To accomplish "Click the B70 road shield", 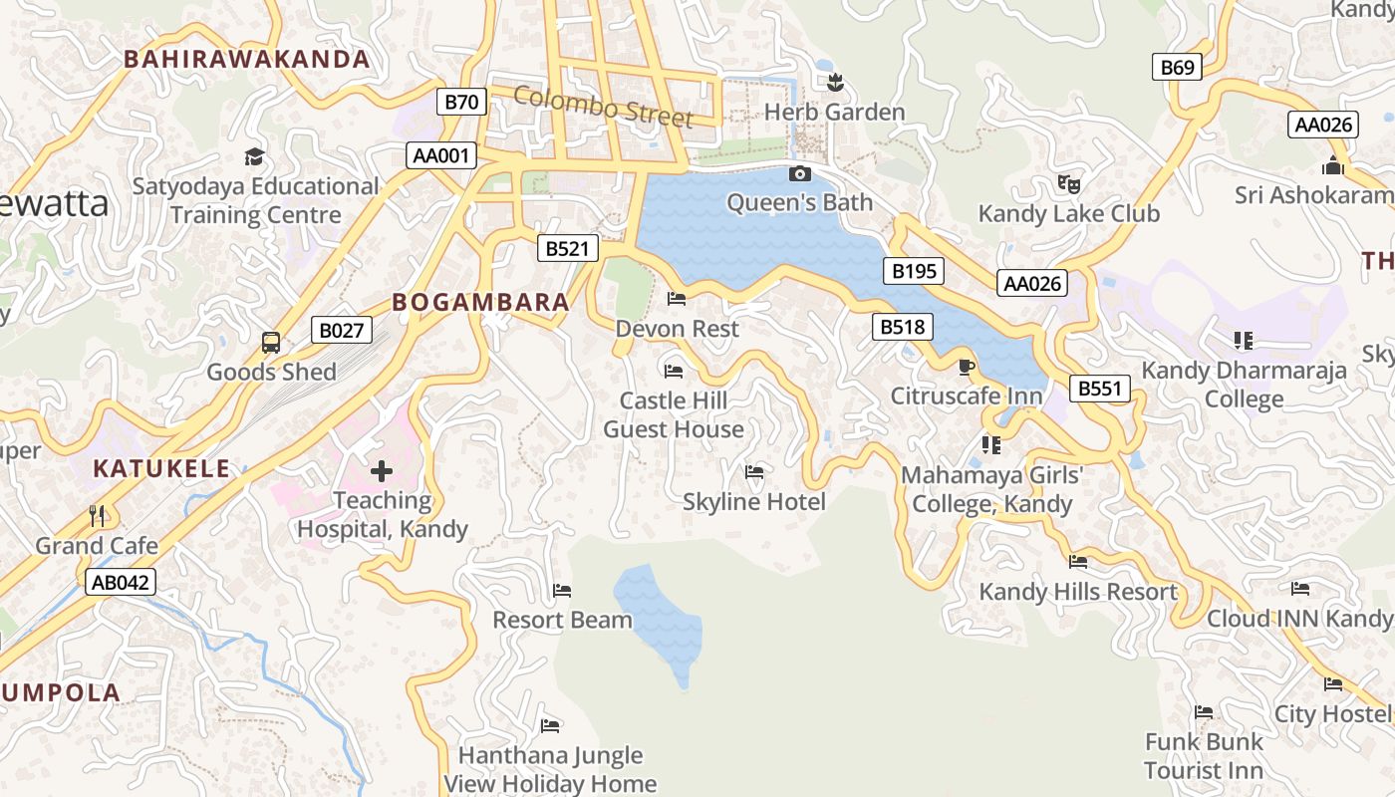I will [461, 101].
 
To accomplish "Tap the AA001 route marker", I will [441, 155].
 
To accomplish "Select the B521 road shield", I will [567, 248].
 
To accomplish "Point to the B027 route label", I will [342, 330].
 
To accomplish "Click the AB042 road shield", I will [122, 582].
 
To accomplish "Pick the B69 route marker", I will [1177, 67].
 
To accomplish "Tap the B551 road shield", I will [1100, 388].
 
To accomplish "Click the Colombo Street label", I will [603, 107].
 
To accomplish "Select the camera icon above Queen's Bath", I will [799, 174].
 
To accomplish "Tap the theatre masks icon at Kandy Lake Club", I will [1069, 183].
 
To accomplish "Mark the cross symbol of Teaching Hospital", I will [382, 471].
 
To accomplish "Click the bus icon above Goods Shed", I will [271, 343].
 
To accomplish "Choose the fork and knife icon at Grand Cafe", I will [97, 515].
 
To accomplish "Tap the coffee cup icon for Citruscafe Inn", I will [966, 367].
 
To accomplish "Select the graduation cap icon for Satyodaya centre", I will [255, 156].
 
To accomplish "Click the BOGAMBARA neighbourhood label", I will [480, 302].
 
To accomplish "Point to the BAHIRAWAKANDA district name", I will [247, 59].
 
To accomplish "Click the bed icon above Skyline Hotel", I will [754, 472].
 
